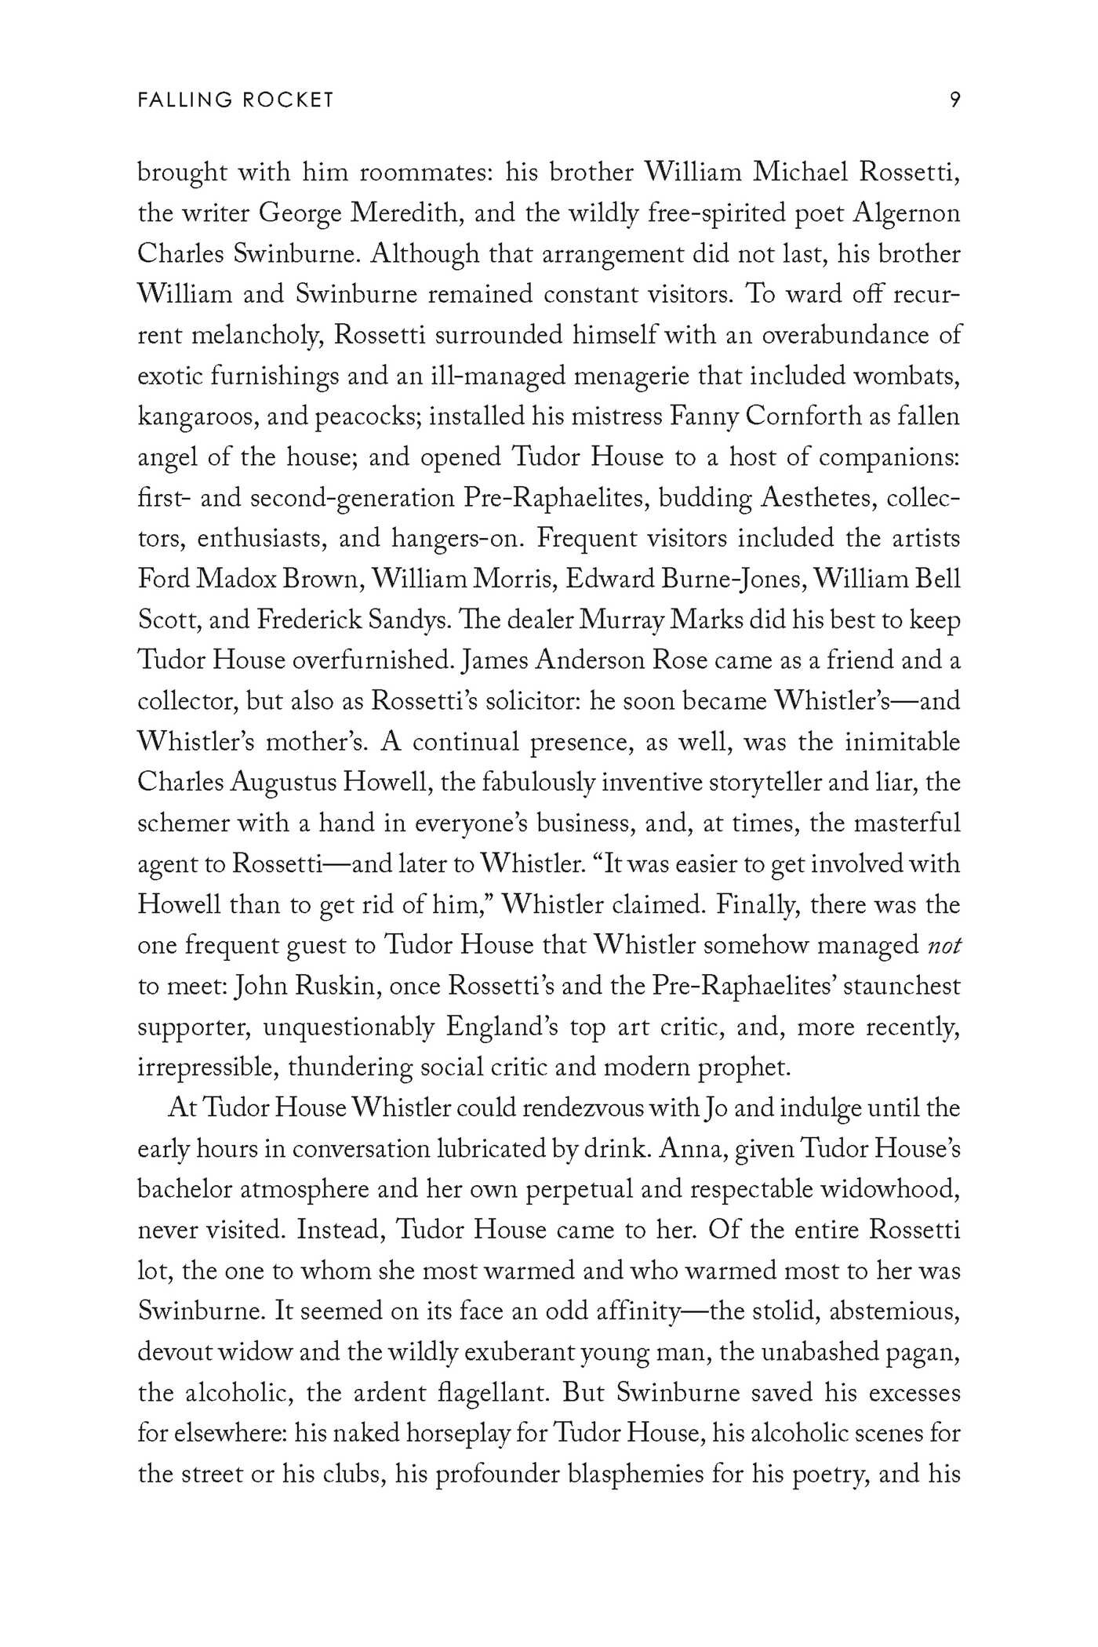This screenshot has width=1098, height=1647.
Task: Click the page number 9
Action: (954, 100)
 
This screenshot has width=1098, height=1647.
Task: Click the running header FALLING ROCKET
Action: (235, 100)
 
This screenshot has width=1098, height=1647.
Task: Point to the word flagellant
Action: (489, 1394)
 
